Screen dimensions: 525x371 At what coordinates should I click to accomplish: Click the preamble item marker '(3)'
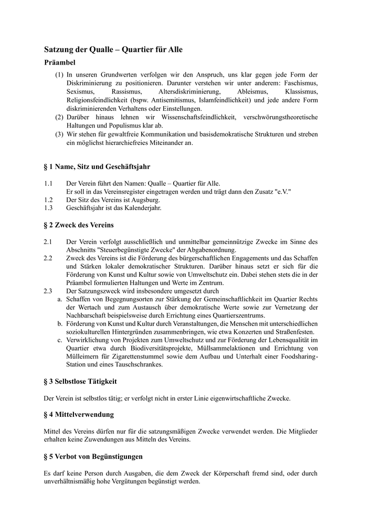point(59,134)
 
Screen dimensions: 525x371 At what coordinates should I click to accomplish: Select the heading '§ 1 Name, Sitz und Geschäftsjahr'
point(97,166)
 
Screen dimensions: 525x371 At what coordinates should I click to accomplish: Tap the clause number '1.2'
point(49,200)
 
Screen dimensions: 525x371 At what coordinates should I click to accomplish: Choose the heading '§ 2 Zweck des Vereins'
point(79,225)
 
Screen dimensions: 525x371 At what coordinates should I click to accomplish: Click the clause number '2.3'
point(49,291)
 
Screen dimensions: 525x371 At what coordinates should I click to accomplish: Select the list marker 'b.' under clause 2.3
point(60,324)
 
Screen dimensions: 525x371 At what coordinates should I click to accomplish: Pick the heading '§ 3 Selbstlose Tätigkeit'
point(80,381)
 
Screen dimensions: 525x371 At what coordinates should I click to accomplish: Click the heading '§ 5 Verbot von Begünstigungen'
point(93,457)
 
